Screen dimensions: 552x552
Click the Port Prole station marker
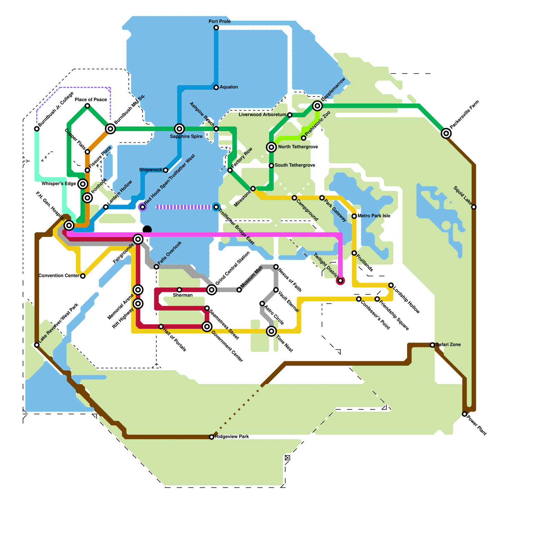(x=216, y=28)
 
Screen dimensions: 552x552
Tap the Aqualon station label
(x=229, y=87)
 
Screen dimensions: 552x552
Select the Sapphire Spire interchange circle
(x=179, y=129)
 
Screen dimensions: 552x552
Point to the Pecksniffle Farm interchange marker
(x=446, y=133)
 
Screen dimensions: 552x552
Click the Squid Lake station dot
(x=474, y=207)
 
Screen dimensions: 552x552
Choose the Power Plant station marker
(x=464, y=414)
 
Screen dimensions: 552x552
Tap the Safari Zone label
(x=448, y=345)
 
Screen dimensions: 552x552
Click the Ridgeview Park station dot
(x=211, y=437)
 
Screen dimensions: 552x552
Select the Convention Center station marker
(x=83, y=276)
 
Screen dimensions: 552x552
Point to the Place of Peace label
(x=91, y=100)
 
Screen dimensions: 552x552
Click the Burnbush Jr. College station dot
(x=37, y=129)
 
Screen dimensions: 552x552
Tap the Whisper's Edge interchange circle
(x=82, y=184)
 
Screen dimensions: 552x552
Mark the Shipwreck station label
(x=150, y=170)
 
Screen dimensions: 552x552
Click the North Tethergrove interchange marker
(x=272, y=147)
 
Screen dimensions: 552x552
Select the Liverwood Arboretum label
(x=262, y=115)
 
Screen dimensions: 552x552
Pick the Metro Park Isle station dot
(x=354, y=216)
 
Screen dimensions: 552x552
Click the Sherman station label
(x=183, y=295)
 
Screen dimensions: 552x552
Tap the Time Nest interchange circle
(x=272, y=331)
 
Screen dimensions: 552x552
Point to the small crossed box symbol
(x=287, y=458)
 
